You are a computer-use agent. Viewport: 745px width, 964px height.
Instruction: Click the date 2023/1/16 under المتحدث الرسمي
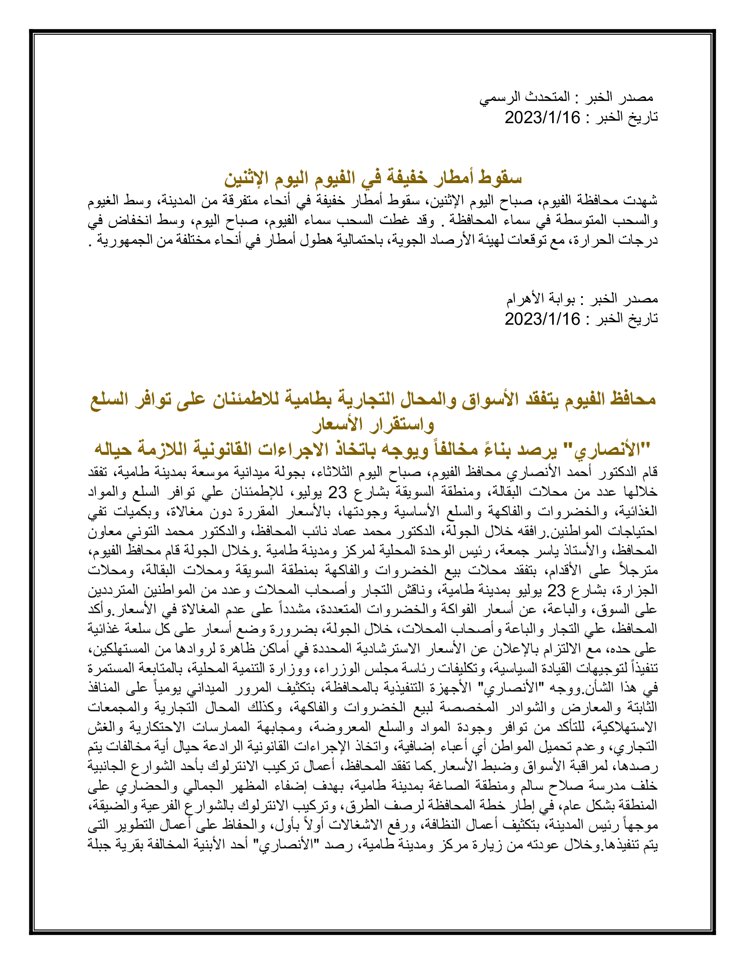click(543, 118)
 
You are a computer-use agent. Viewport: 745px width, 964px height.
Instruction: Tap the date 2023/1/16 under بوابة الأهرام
click(543, 319)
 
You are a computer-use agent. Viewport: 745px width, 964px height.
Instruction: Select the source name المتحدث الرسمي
click(525, 98)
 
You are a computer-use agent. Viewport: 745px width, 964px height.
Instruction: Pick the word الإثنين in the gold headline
click(246, 177)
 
